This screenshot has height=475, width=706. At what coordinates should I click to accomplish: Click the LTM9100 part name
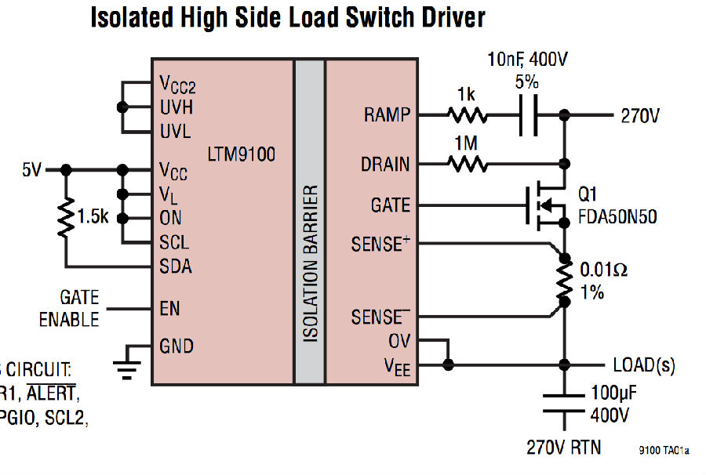click(242, 154)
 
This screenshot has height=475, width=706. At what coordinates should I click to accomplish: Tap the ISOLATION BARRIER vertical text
click(310, 263)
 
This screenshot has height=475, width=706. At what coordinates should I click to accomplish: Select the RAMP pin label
click(387, 115)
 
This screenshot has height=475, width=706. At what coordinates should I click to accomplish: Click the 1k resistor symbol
click(467, 115)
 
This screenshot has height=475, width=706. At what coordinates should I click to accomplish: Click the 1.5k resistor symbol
click(67, 217)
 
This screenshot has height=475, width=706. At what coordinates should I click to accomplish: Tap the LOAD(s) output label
click(643, 365)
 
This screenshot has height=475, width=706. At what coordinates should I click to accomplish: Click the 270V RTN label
click(563, 448)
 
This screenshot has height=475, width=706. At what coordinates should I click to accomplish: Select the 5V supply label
click(31, 169)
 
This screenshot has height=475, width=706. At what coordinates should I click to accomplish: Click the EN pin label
click(169, 308)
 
